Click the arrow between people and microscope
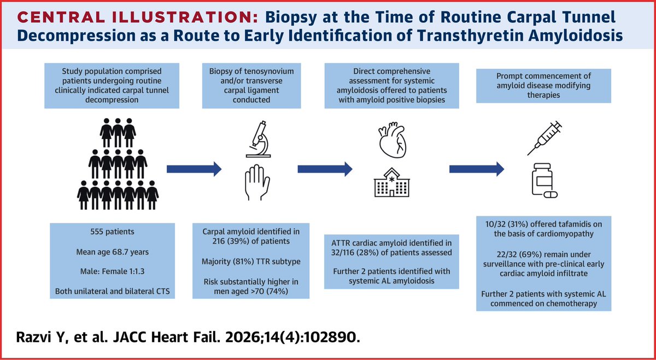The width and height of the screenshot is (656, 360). click(x=194, y=169)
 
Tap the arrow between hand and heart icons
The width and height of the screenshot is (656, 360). click(x=324, y=169)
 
